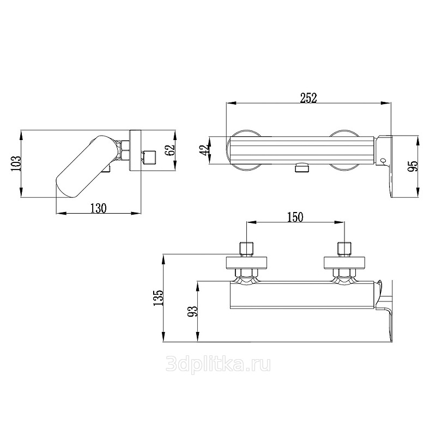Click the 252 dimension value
[x=308, y=98]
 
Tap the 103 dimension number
[x=16, y=163]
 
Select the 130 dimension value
[x=99, y=208]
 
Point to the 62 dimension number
[x=171, y=150]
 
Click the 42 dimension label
[x=205, y=150]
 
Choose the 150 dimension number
[x=295, y=217]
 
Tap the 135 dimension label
[x=159, y=298]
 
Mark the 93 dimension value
[x=192, y=311]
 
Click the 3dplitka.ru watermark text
[x=218, y=364]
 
